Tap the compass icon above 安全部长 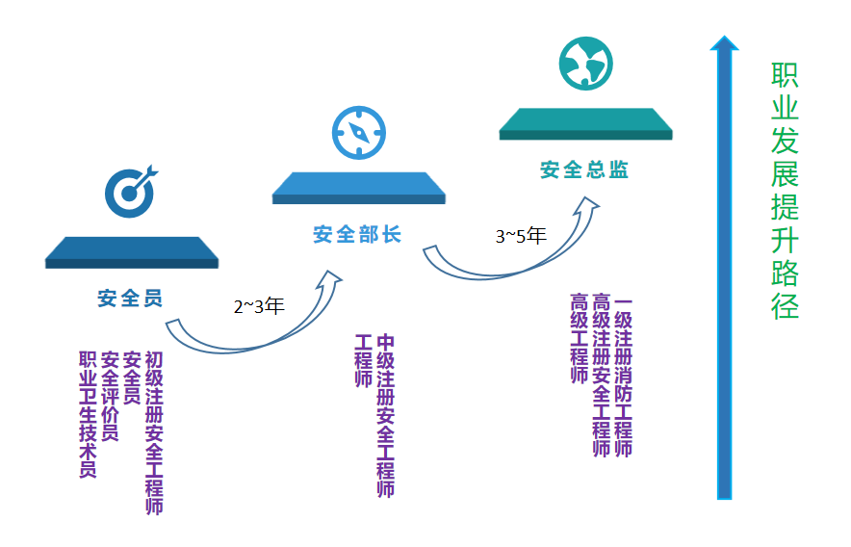pos(359,132)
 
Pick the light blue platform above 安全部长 pos(359,186)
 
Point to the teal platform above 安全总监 pos(585,121)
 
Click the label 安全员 pos(130,298)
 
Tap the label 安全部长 pos(357,234)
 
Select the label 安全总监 pos(584,170)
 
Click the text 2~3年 pos(259,307)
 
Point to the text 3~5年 pos(521,236)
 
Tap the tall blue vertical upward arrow pos(725,270)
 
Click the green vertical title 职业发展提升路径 pos(785,192)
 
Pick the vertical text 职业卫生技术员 pos(88,414)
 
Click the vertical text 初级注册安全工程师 pos(154,432)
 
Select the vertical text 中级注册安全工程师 pos(385,415)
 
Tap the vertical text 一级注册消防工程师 pos(623,376)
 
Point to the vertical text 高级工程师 pos(579,338)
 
